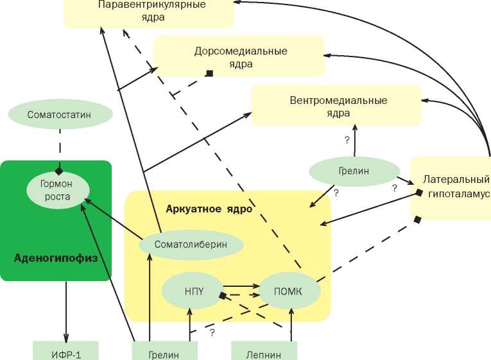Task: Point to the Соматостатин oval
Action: [60, 114]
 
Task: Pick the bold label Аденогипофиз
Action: [55, 259]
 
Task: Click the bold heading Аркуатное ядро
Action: [209, 209]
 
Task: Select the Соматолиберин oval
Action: [191, 244]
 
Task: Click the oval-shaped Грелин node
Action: [354, 172]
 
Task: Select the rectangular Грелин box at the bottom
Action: [164, 352]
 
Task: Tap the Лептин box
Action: [264, 352]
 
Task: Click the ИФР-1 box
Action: [66, 352]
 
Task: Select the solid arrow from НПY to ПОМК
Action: [239, 286]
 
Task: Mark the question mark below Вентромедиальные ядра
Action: [347, 139]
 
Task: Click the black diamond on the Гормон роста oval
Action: [59, 171]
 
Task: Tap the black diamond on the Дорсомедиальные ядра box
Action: [209, 74]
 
